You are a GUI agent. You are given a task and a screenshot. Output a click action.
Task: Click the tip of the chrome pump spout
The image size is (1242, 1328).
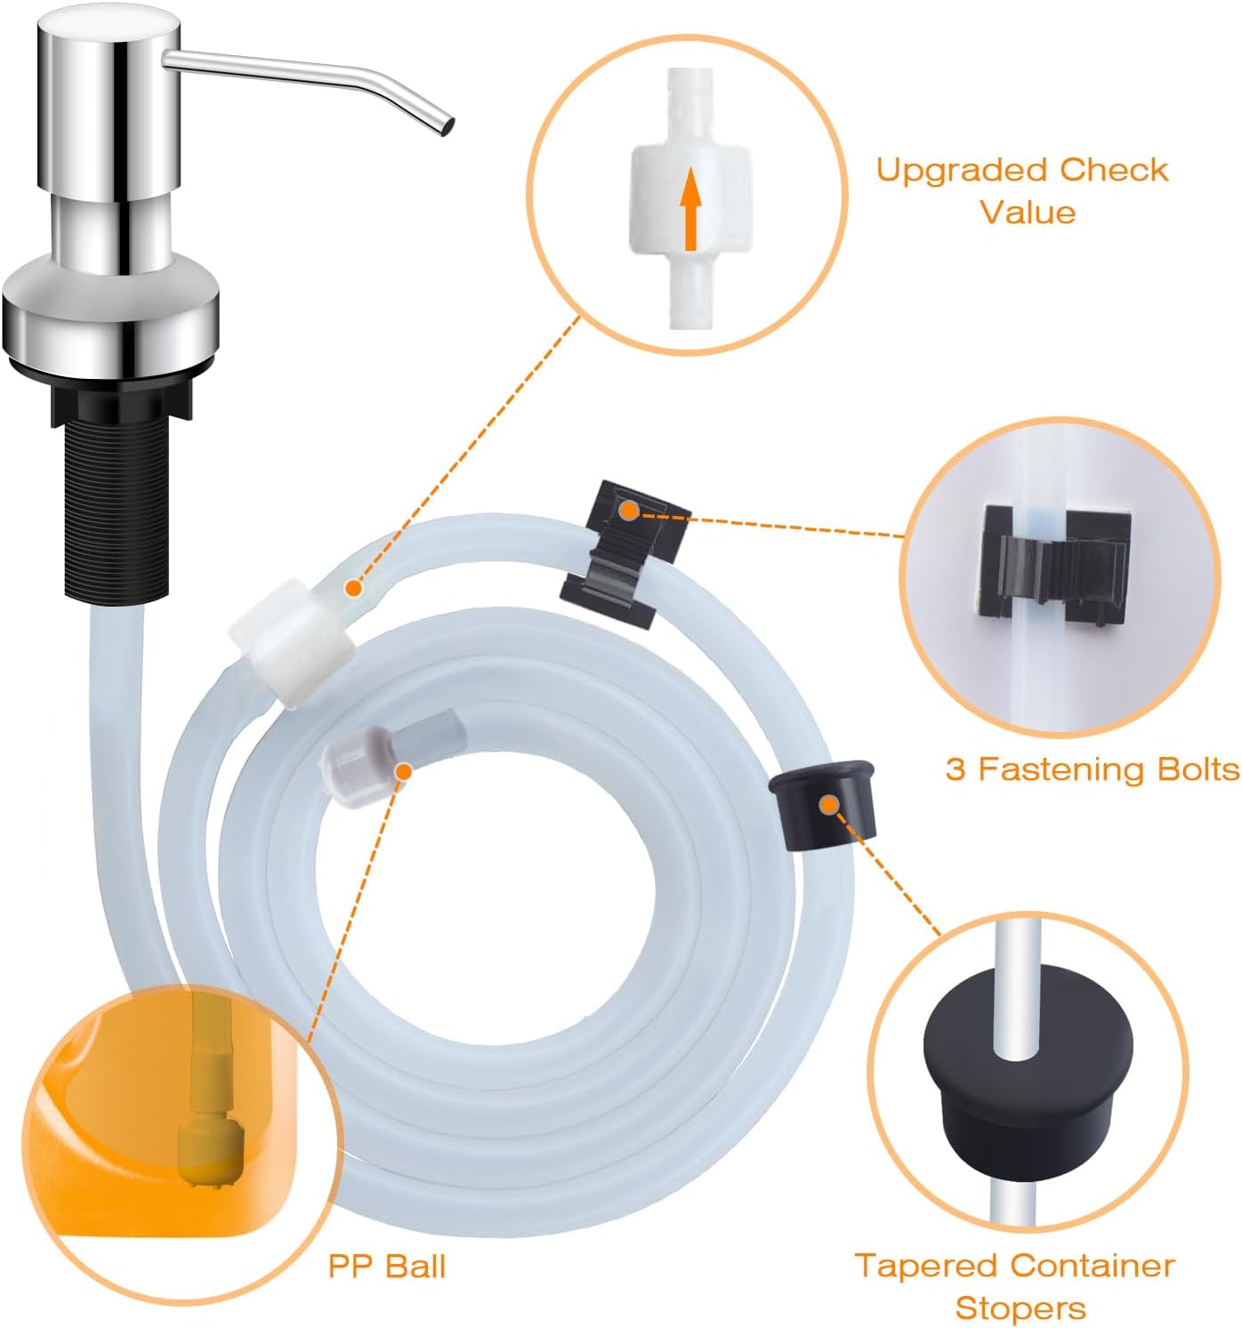tap(443, 128)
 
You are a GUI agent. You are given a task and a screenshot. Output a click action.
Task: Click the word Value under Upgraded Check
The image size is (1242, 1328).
tap(1028, 213)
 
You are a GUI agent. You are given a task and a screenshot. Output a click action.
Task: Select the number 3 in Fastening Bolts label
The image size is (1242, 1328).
tap(956, 769)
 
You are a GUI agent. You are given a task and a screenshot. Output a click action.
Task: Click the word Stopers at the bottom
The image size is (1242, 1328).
tap(1020, 1308)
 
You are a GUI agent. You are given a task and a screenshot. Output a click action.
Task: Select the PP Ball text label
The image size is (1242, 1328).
tap(387, 1266)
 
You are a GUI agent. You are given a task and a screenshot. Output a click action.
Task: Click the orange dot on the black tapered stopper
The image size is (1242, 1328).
tap(829, 806)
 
